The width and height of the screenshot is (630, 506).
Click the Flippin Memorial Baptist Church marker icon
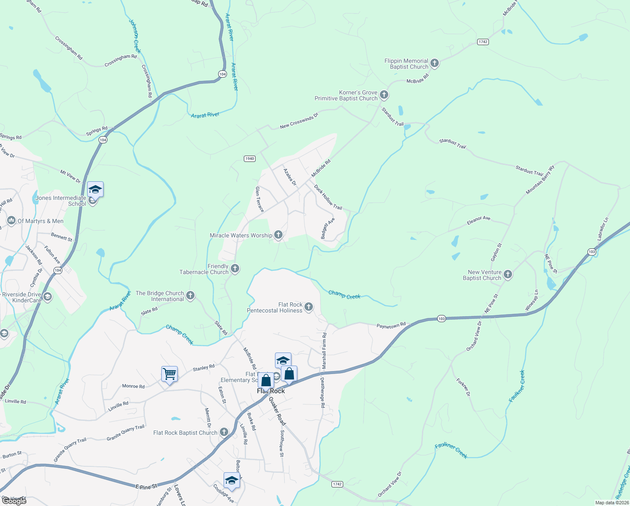(435, 64)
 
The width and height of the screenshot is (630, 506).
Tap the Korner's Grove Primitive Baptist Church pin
(384, 95)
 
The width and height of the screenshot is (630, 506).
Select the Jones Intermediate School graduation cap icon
(95, 190)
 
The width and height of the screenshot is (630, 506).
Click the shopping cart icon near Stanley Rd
(169, 374)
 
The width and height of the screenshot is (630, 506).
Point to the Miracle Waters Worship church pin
(278, 235)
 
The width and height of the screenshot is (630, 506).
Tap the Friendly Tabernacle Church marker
(235, 269)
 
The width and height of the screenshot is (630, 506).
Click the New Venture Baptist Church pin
(508, 275)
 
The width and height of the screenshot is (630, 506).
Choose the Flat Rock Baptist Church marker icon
(224, 432)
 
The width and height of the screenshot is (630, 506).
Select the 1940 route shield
(250, 159)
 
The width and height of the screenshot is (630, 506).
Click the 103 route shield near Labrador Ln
(592, 252)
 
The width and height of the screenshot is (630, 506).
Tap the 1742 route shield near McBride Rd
(483, 42)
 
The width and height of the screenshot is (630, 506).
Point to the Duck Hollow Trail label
(328, 197)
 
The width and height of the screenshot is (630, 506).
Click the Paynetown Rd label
(391, 326)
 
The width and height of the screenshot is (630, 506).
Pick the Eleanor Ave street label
(478, 220)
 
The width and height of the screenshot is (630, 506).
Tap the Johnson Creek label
(135, 36)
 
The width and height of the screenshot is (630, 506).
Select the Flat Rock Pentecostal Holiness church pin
(309, 307)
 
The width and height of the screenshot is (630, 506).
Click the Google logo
(14, 501)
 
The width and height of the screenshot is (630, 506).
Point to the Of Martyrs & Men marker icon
(11, 221)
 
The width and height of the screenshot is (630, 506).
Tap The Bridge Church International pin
(190, 296)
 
